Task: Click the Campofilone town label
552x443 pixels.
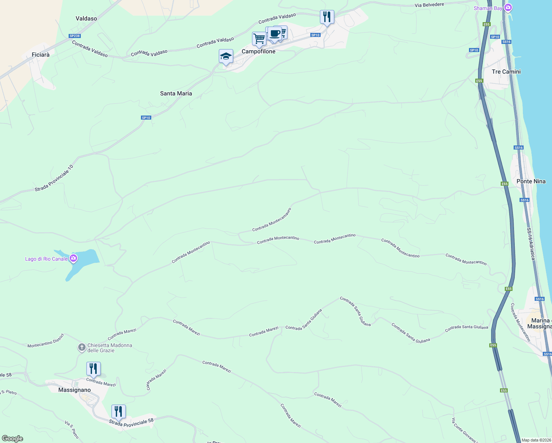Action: (258, 52)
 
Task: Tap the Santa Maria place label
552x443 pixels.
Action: (176, 93)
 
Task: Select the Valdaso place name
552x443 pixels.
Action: (86, 18)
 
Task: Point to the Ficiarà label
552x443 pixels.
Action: (41, 55)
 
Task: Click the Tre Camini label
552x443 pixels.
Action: (506, 72)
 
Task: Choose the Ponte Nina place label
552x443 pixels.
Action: (531, 181)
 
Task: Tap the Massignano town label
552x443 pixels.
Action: (75, 390)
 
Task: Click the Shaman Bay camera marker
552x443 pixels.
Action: (508, 8)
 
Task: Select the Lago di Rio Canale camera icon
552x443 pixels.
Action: (73, 258)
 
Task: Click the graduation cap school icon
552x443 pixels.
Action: (226, 56)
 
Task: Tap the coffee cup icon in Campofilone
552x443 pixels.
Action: (275, 34)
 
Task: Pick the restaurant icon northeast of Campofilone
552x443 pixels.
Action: (327, 17)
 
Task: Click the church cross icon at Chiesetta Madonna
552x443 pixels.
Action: (82, 347)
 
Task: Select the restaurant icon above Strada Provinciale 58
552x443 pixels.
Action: (118, 411)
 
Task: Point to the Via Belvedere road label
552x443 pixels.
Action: (429, 5)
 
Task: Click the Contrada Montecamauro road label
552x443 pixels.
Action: (272, 220)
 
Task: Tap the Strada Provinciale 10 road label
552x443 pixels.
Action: (54, 178)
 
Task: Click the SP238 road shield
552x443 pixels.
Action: (75, 36)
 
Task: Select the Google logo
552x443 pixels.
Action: (13, 439)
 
